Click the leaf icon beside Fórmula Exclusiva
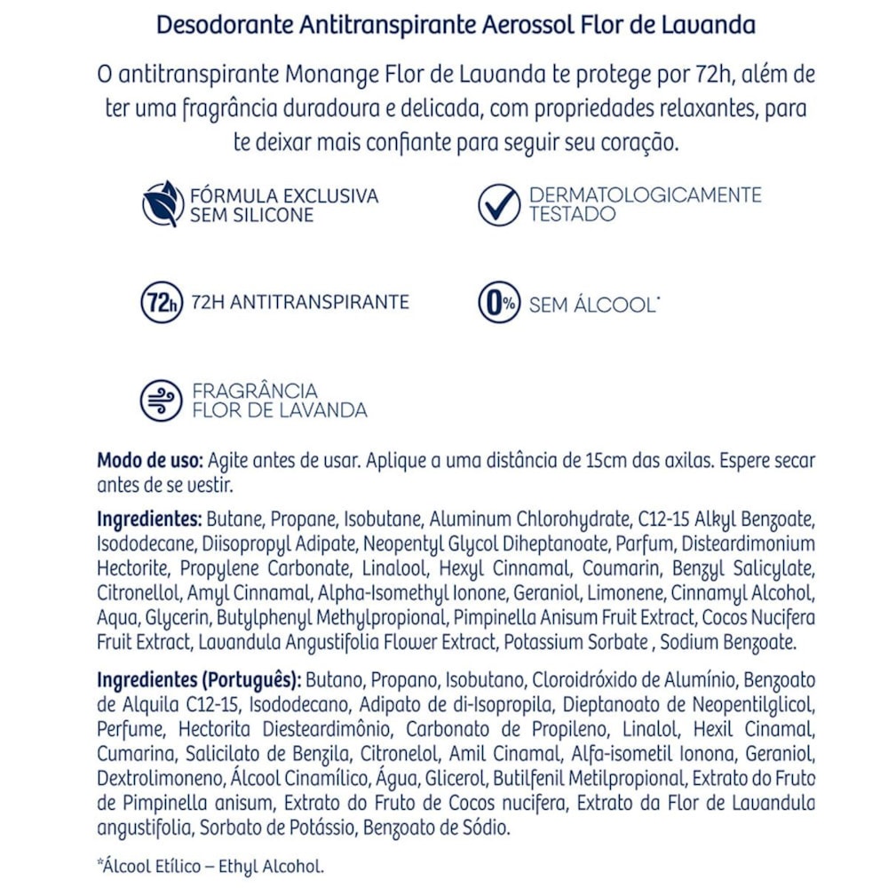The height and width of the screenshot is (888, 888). (x=163, y=204)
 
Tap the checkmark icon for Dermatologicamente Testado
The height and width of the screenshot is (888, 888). (x=499, y=204)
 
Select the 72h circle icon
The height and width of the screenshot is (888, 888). (x=161, y=303)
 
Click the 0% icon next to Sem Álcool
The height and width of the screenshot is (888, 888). (x=499, y=303)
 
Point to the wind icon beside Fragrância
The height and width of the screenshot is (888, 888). (x=161, y=400)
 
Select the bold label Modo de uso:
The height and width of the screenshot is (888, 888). (x=150, y=462)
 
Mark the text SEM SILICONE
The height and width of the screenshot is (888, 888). (x=251, y=215)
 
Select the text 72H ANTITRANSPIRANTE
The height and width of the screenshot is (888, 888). (x=299, y=303)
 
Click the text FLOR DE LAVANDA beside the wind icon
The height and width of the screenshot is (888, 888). (x=280, y=410)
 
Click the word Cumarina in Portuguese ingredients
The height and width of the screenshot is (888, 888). (x=138, y=754)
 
